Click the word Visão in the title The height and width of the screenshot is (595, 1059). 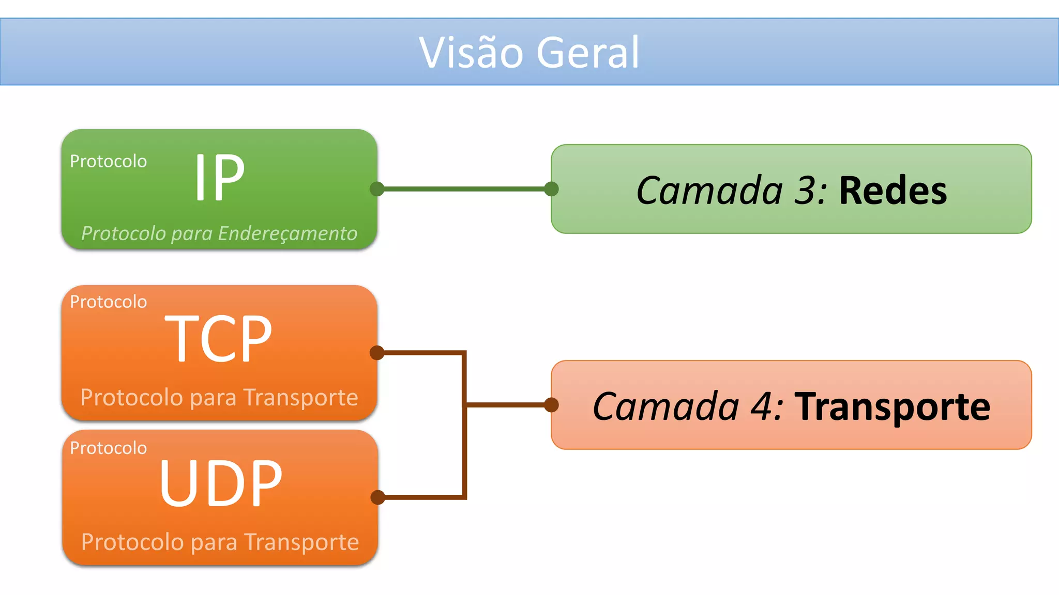tap(471, 53)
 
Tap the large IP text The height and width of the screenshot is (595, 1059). tap(219, 178)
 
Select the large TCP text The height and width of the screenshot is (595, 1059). tap(218, 339)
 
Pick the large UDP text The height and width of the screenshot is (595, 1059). tap(221, 484)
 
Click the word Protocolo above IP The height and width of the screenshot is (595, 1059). tap(109, 161)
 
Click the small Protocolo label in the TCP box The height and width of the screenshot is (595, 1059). tap(109, 302)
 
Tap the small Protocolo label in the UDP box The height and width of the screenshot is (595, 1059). tap(109, 448)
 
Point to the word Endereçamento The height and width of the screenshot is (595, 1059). tap(288, 233)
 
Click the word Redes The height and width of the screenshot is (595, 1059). tap(893, 191)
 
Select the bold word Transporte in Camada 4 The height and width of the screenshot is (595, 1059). tap(892, 407)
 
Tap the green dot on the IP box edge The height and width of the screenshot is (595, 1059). tap(377, 189)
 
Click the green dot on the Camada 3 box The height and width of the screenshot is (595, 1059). tap(552, 189)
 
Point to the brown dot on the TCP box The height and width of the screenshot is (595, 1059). tap(377, 353)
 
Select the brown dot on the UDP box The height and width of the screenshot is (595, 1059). tap(378, 497)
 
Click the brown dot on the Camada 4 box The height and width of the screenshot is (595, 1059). tap(552, 405)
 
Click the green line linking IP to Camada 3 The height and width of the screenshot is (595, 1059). tap(464, 189)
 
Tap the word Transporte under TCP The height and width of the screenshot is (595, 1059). tap(300, 398)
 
